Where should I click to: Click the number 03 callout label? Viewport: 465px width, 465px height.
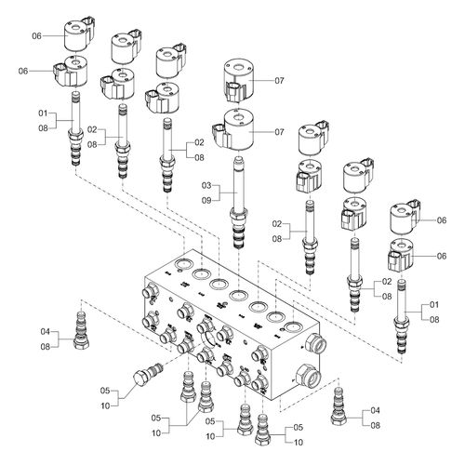pyautogui.click(x=206, y=186)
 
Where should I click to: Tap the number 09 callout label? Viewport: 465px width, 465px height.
pyautogui.click(x=206, y=201)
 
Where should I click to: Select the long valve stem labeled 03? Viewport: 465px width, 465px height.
pyautogui.click(x=238, y=203)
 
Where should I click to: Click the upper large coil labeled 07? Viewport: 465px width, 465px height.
pyautogui.click(x=238, y=81)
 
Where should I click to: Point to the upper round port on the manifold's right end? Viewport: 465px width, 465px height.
pyautogui.click(x=315, y=343)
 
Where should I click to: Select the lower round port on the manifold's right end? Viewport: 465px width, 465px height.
pyautogui.click(x=309, y=376)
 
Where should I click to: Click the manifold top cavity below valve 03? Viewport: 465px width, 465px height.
pyautogui.click(x=238, y=295)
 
